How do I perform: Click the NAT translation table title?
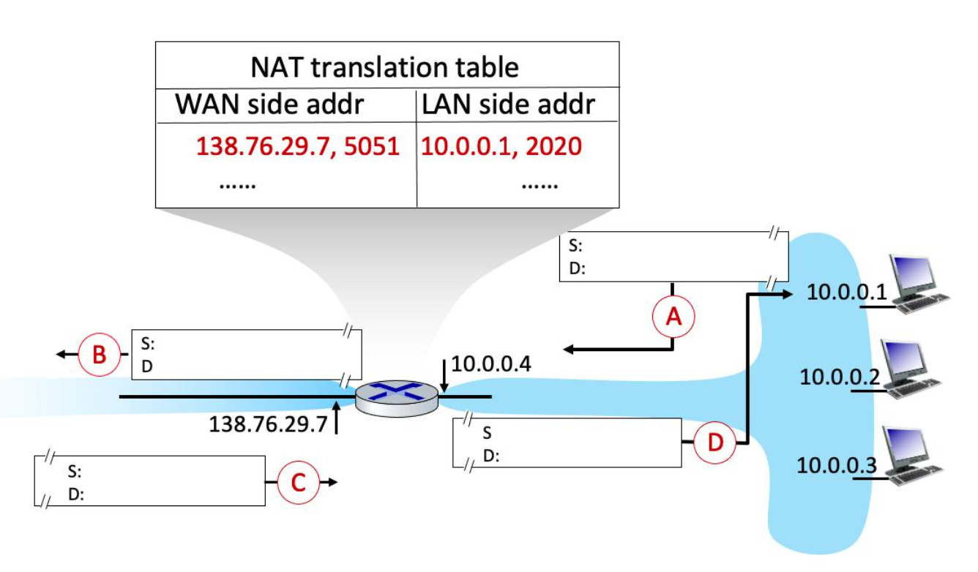[384, 67]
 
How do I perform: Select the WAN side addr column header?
[269, 105]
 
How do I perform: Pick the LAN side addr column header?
[508, 105]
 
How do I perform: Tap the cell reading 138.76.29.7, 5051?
[297, 146]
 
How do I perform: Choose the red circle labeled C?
[297, 482]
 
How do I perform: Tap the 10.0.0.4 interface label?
[490, 364]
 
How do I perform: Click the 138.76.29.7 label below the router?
[268, 424]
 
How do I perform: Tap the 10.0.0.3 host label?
[836, 465]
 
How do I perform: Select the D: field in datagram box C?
[76, 494]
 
